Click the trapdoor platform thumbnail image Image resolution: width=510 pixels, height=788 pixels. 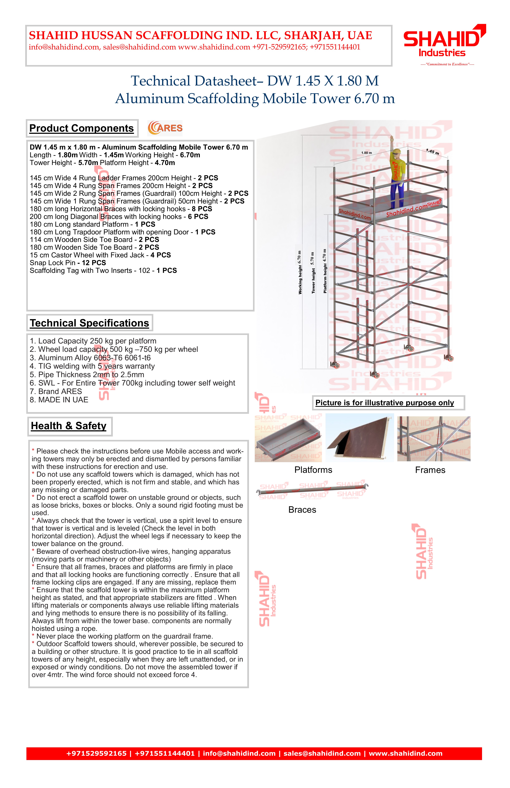(x=360, y=438)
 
